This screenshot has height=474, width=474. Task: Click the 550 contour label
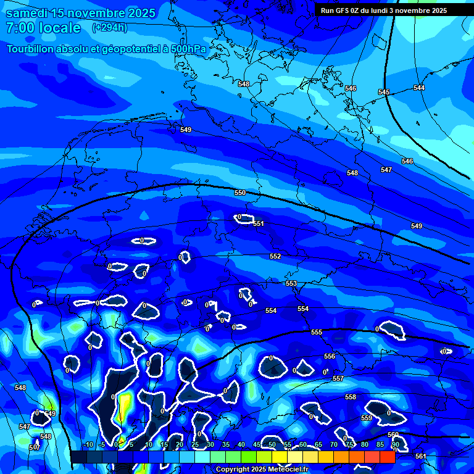[240, 193]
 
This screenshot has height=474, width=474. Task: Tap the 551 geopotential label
[259, 223]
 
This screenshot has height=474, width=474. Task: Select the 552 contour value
[275, 256]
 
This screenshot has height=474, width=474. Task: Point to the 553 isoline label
[291, 283]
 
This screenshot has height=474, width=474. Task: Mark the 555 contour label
[317, 332]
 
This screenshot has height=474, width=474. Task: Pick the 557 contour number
[338, 378]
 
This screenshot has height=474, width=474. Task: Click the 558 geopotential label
[351, 397]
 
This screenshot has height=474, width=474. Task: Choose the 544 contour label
[419, 88]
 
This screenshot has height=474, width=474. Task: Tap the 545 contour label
[384, 92]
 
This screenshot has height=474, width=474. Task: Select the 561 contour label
[420, 456]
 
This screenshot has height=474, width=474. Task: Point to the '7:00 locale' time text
[43, 28]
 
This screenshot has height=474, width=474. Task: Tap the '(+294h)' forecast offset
[110, 28]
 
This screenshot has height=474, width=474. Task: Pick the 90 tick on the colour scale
[395, 444]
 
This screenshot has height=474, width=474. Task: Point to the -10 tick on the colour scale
[88, 444]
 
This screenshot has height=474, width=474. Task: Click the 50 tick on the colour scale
[272, 444]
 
